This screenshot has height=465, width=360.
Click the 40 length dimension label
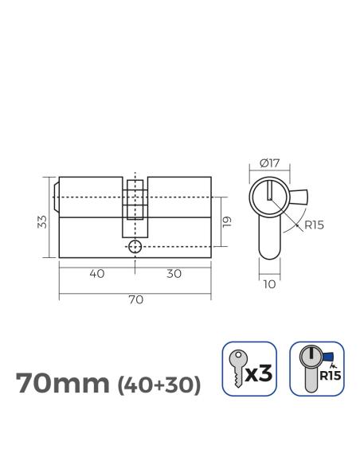pos(97,273)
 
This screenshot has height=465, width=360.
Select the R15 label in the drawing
pos(313,225)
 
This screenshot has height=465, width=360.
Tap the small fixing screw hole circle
pos(135,247)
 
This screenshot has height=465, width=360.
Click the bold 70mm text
pos(62,384)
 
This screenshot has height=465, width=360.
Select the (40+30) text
pos(159,385)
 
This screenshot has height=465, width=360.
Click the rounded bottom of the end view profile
pos(269,254)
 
